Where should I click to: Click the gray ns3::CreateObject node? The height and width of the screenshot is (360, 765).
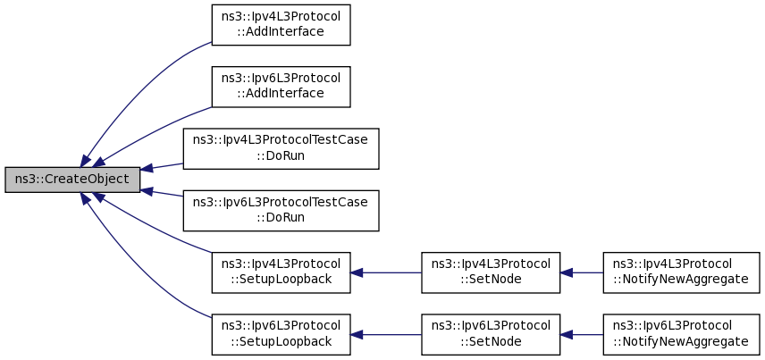point(72,180)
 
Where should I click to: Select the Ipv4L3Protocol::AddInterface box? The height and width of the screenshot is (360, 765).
point(281,25)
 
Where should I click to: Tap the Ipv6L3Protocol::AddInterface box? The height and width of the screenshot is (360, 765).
point(281,87)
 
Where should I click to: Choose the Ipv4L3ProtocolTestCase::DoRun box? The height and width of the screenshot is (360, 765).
point(281,149)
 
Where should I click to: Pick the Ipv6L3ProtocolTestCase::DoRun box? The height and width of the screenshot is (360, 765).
point(281,211)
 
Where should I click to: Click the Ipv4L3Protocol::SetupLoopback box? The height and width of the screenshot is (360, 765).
point(281,272)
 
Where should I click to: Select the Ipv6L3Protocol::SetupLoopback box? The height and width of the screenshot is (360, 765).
point(281,335)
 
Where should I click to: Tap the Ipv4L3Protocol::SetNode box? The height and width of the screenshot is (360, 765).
point(491,272)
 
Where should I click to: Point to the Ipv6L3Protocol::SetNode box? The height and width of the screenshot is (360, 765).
point(491,335)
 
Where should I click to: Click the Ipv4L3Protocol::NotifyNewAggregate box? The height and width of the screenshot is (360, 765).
point(682,272)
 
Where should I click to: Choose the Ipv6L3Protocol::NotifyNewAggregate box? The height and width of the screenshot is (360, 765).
point(682,335)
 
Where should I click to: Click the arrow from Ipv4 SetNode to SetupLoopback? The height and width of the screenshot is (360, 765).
point(386,272)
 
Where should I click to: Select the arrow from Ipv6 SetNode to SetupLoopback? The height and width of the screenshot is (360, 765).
point(386,335)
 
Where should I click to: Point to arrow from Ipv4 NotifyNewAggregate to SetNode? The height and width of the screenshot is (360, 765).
point(582,272)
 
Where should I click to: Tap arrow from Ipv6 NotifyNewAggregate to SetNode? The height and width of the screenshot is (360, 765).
point(582,335)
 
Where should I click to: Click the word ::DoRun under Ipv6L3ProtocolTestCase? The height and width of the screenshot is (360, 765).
point(281,217)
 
